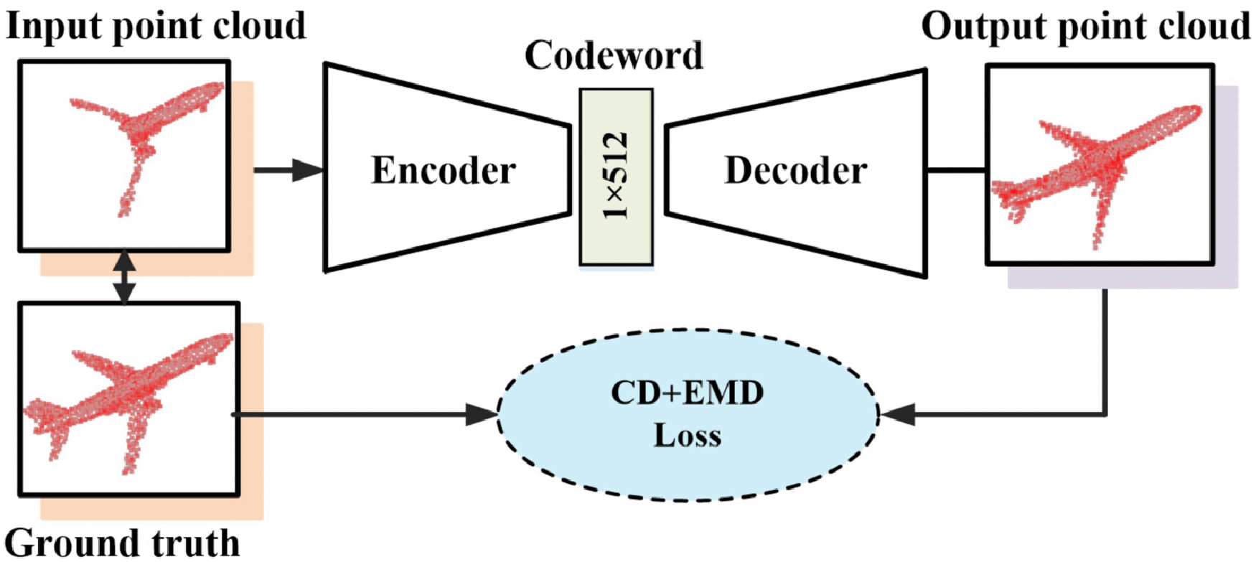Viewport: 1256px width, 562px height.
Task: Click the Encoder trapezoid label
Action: click(443, 170)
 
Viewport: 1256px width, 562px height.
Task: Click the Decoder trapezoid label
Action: click(795, 170)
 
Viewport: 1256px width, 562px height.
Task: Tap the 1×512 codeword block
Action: click(617, 177)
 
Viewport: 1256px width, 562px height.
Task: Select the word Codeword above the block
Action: click(614, 56)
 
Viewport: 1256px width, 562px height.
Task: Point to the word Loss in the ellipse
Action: click(687, 436)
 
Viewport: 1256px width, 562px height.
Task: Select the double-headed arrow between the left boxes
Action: click(124, 276)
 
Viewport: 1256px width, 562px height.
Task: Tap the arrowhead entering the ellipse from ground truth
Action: click(481, 414)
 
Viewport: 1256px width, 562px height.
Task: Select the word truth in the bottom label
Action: click(196, 543)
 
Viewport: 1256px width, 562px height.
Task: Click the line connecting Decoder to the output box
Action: click(956, 170)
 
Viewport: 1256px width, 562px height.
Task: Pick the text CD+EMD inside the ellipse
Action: click(687, 393)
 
